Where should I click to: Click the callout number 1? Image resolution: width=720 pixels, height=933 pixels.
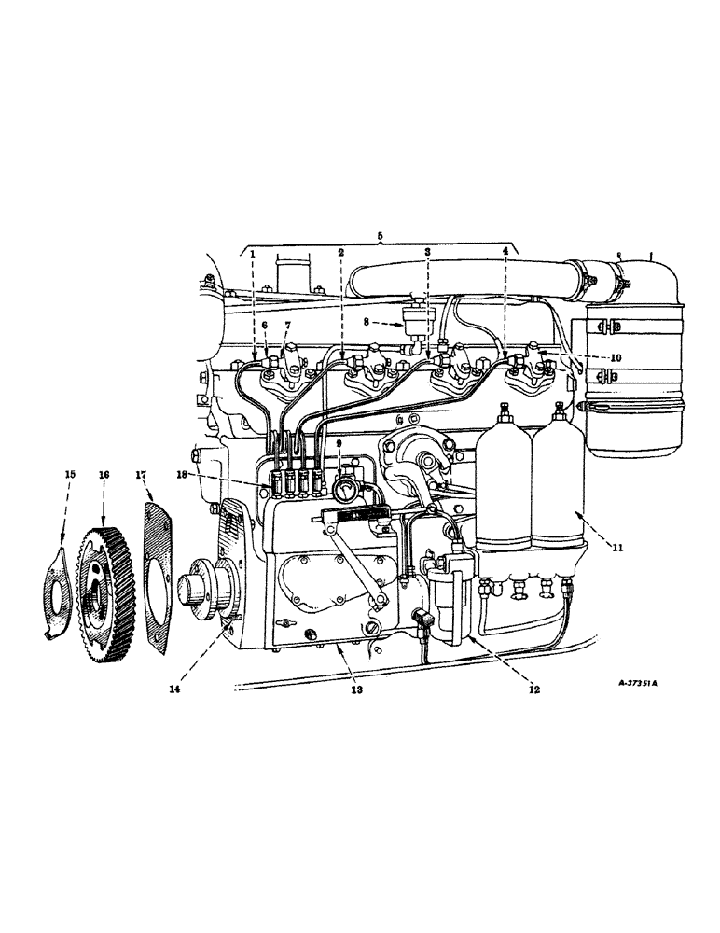(x=253, y=253)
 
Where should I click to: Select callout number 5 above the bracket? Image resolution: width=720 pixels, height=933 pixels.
(x=380, y=236)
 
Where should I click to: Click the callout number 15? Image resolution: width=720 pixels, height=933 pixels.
(x=69, y=475)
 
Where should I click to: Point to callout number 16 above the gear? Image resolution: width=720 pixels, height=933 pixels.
(x=104, y=475)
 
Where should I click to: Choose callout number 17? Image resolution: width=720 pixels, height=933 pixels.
(x=142, y=475)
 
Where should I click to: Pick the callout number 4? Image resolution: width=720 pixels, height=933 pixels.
(x=505, y=253)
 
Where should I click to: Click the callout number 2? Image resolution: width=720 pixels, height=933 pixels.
(x=341, y=253)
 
